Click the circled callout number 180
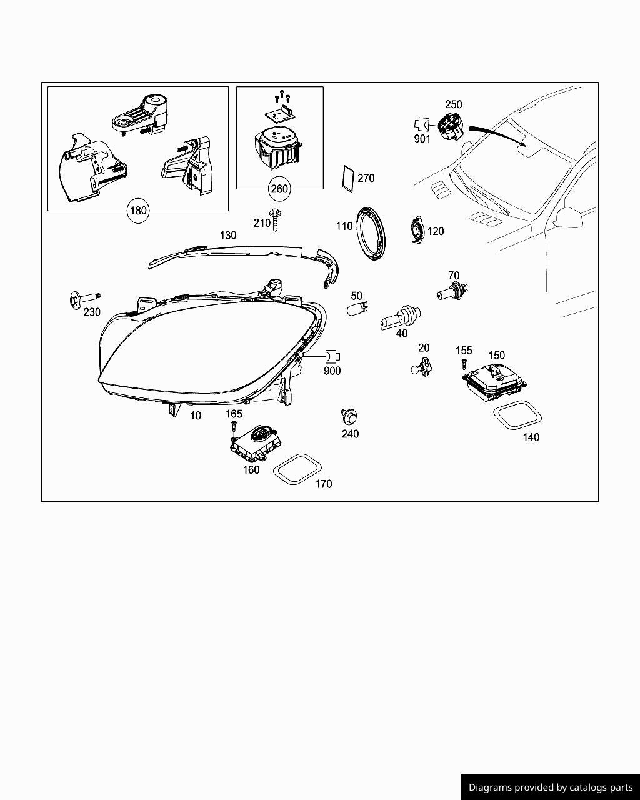[x=137, y=211]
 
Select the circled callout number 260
[x=279, y=188]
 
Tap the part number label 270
[x=366, y=178]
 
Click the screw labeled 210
[x=276, y=219]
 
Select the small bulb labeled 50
[x=357, y=309]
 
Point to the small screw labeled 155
[x=464, y=365]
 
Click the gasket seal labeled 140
[x=517, y=416]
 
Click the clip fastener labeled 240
[x=349, y=416]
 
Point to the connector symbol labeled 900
[x=332, y=357]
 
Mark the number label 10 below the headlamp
[x=196, y=416]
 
